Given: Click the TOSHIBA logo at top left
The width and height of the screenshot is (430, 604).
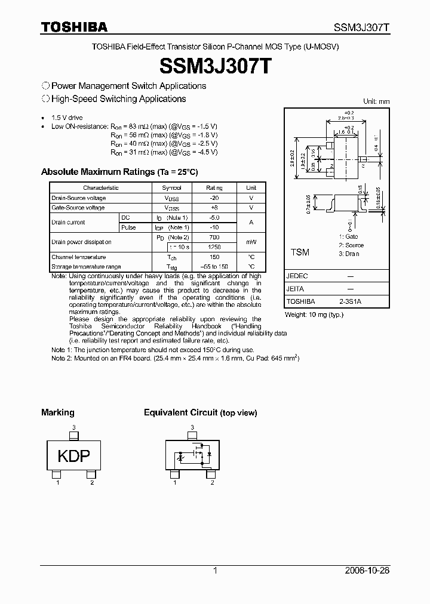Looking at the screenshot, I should (74, 27).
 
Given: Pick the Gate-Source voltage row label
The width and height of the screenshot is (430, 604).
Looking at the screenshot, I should (78, 208).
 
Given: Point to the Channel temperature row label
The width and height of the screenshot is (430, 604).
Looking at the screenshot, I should (78, 257).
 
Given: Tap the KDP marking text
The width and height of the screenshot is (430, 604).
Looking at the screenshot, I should (73, 457).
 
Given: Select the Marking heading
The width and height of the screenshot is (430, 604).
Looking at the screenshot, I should (58, 412).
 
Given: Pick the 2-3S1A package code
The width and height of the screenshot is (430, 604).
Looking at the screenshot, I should (349, 302).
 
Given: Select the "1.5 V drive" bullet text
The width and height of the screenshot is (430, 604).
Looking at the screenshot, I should (67, 118).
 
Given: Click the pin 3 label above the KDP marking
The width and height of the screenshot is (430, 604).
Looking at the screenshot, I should (73, 427).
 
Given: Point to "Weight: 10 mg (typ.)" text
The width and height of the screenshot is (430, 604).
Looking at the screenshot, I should (314, 314).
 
